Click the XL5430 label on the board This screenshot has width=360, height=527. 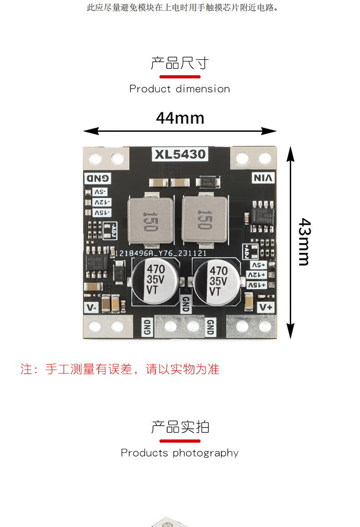click(180, 155)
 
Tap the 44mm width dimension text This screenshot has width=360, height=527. click(180, 118)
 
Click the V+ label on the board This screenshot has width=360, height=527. click(266, 307)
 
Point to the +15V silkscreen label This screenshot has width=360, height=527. click(257, 285)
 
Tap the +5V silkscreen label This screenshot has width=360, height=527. click(257, 265)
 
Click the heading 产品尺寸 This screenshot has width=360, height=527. click(180, 63)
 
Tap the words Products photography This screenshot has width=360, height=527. click(180, 453)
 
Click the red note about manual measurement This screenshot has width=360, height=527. click(120, 369)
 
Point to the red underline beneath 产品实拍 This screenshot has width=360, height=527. click(180, 441)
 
